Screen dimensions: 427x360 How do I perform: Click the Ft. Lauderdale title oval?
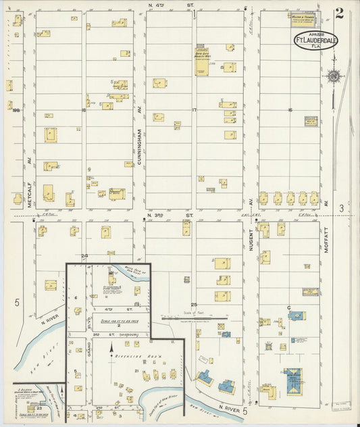pos(315,42)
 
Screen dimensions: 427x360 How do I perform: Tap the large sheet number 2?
pos(338,14)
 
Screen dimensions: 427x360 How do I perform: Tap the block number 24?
pos(85,255)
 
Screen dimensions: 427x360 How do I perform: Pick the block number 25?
pos(194,305)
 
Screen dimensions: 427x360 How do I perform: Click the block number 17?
pos(194,109)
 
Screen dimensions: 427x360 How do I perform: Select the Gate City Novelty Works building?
pos(202,61)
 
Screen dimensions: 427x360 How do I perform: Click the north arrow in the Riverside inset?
pos(112,349)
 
